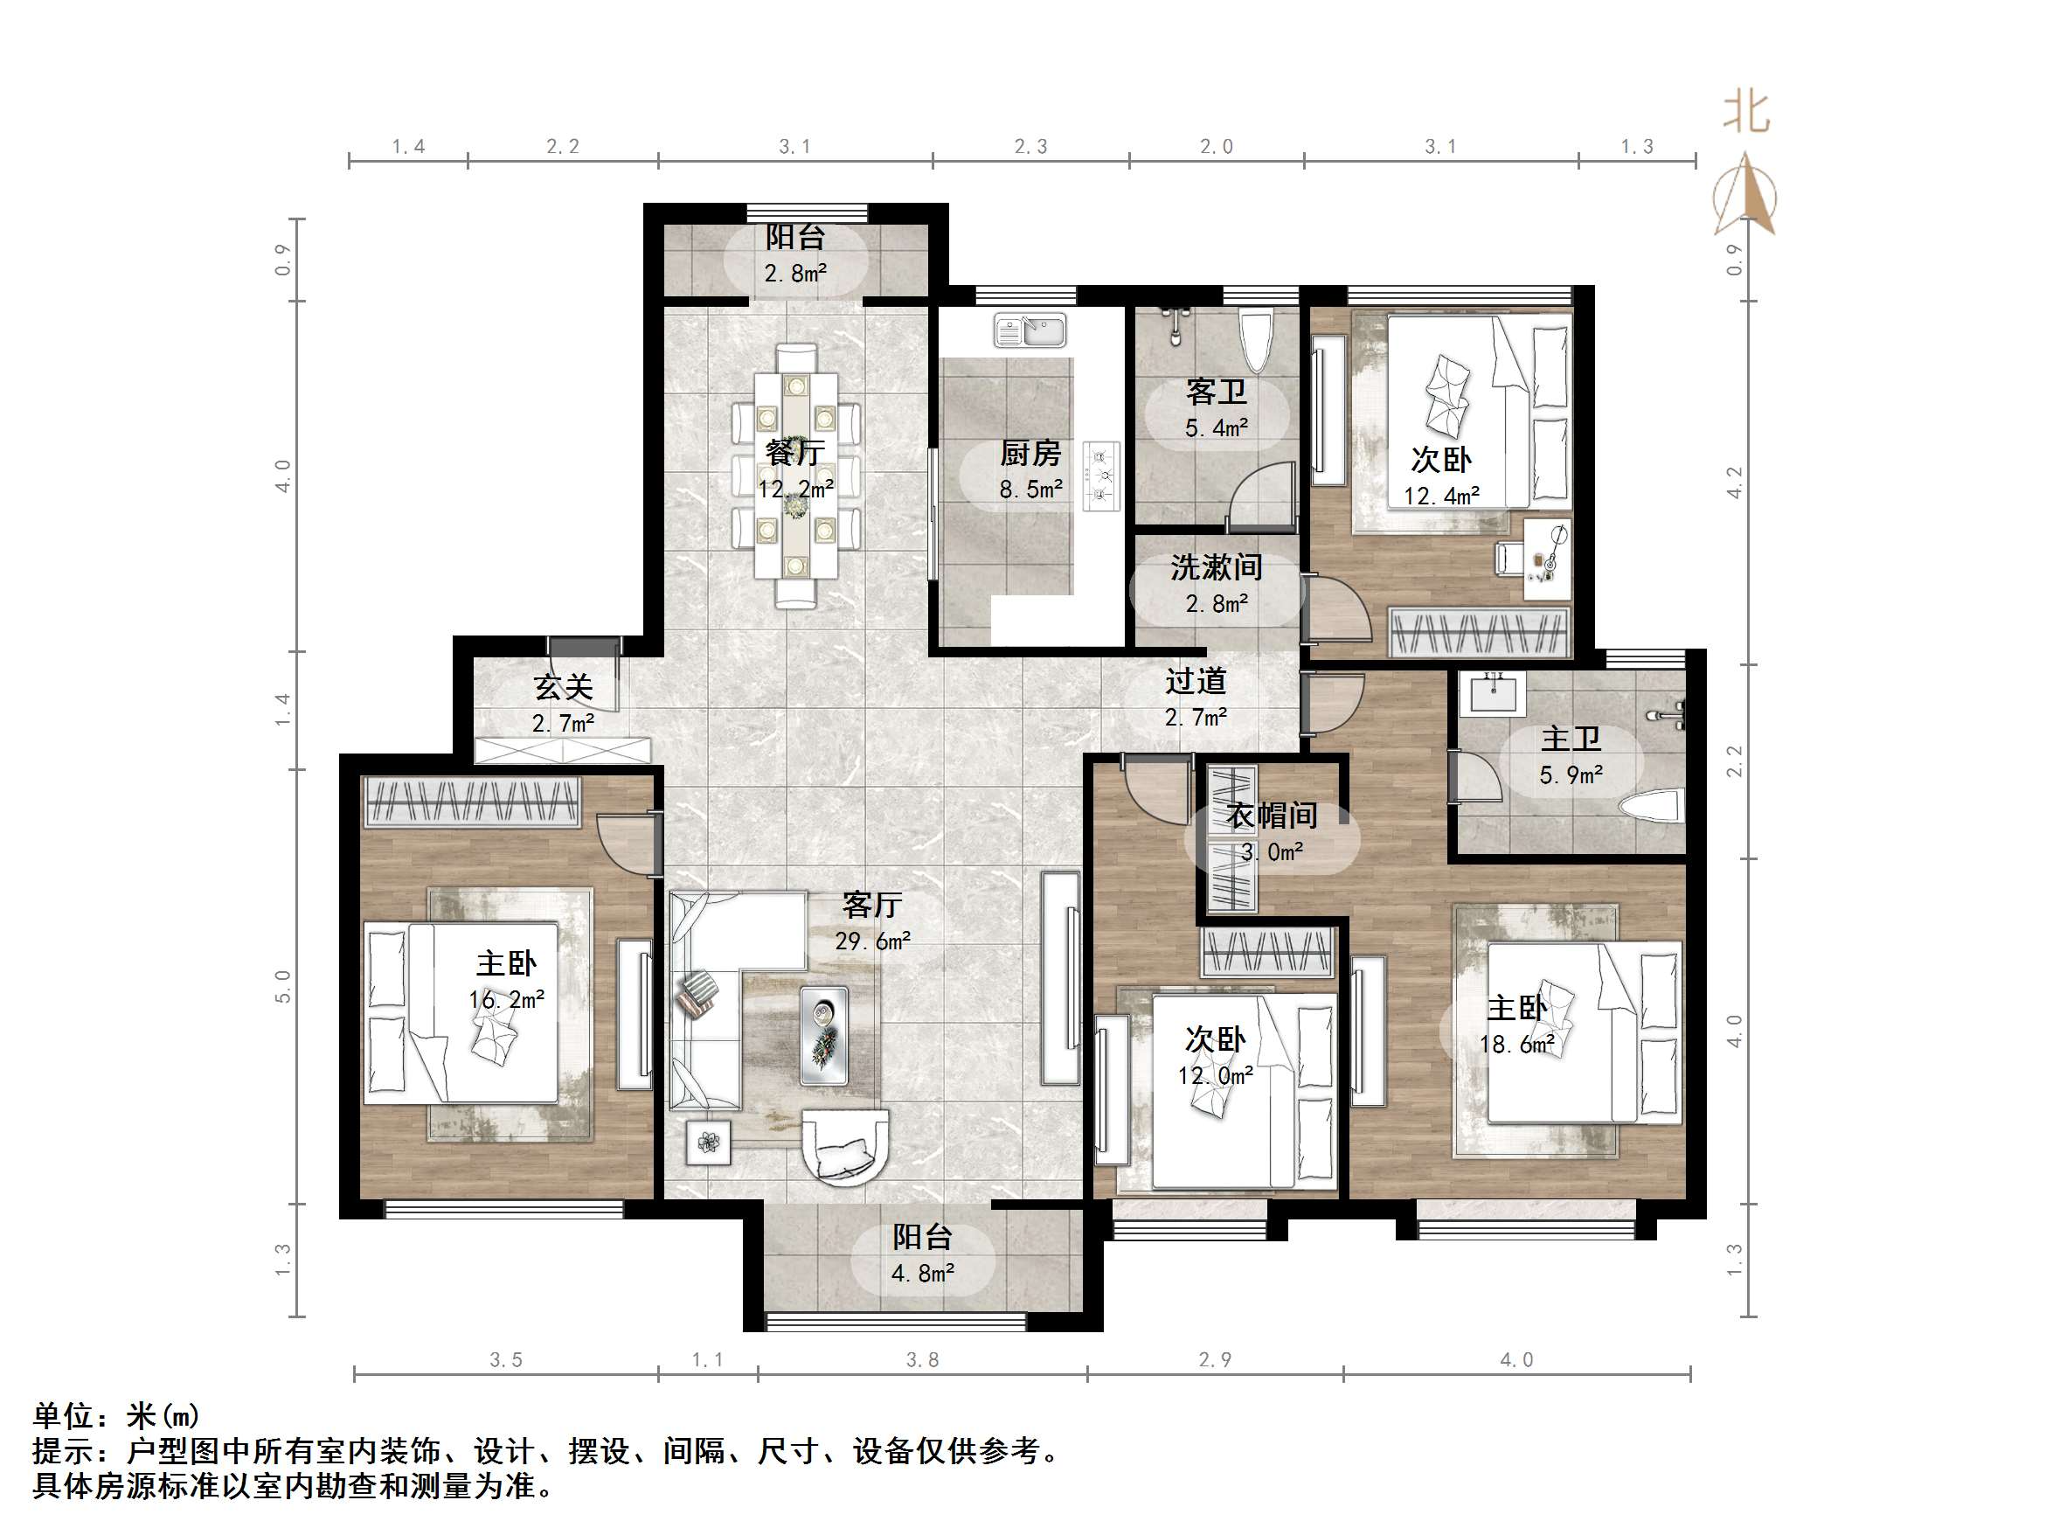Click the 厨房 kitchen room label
[x=1030, y=454]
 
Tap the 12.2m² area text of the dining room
[x=795, y=489]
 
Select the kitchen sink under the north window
[x=1030, y=330]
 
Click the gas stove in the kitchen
[x=1100, y=476]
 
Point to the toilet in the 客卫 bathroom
[x=1256, y=338]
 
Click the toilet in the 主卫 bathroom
[x=1652, y=805]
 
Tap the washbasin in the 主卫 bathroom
[x=1492, y=693]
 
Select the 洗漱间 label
[x=1217, y=567]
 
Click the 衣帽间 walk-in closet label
[x=1272, y=816]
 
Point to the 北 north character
[x=1745, y=113]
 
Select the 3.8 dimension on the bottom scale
[x=922, y=1359]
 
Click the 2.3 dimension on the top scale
[x=1030, y=146]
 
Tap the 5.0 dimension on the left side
[x=283, y=986]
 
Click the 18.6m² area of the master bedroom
[x=1516, y=1045]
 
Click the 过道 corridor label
[x=1195, y=682]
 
